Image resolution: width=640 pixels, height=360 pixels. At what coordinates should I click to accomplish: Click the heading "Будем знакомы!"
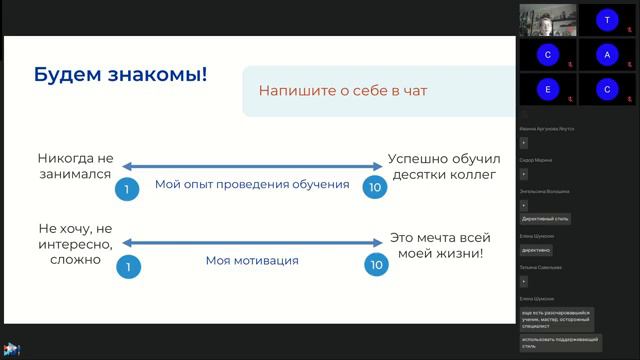coord(121,73)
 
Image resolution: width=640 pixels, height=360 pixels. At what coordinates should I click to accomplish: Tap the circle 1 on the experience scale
coord(127,189)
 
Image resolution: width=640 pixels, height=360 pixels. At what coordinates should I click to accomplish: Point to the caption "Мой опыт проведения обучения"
coord(251,185)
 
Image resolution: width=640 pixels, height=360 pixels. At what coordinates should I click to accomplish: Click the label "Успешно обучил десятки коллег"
coord(441,166)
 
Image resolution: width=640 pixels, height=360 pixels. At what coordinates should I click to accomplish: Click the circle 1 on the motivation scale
coord(127,266)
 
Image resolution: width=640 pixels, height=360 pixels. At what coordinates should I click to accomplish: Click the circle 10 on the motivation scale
coord(374,266)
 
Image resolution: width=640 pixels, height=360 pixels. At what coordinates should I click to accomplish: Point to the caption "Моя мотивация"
coord(252,261)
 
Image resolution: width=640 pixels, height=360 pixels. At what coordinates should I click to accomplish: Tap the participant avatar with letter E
coord(548,89)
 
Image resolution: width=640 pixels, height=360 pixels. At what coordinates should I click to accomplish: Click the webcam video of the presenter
coord(548,19)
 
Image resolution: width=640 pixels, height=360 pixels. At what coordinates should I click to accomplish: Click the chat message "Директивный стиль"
coord(546,218)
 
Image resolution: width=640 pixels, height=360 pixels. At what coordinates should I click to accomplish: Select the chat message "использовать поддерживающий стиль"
coord(560,342)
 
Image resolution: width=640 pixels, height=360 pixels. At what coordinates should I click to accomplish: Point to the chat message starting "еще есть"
coord(556,319)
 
